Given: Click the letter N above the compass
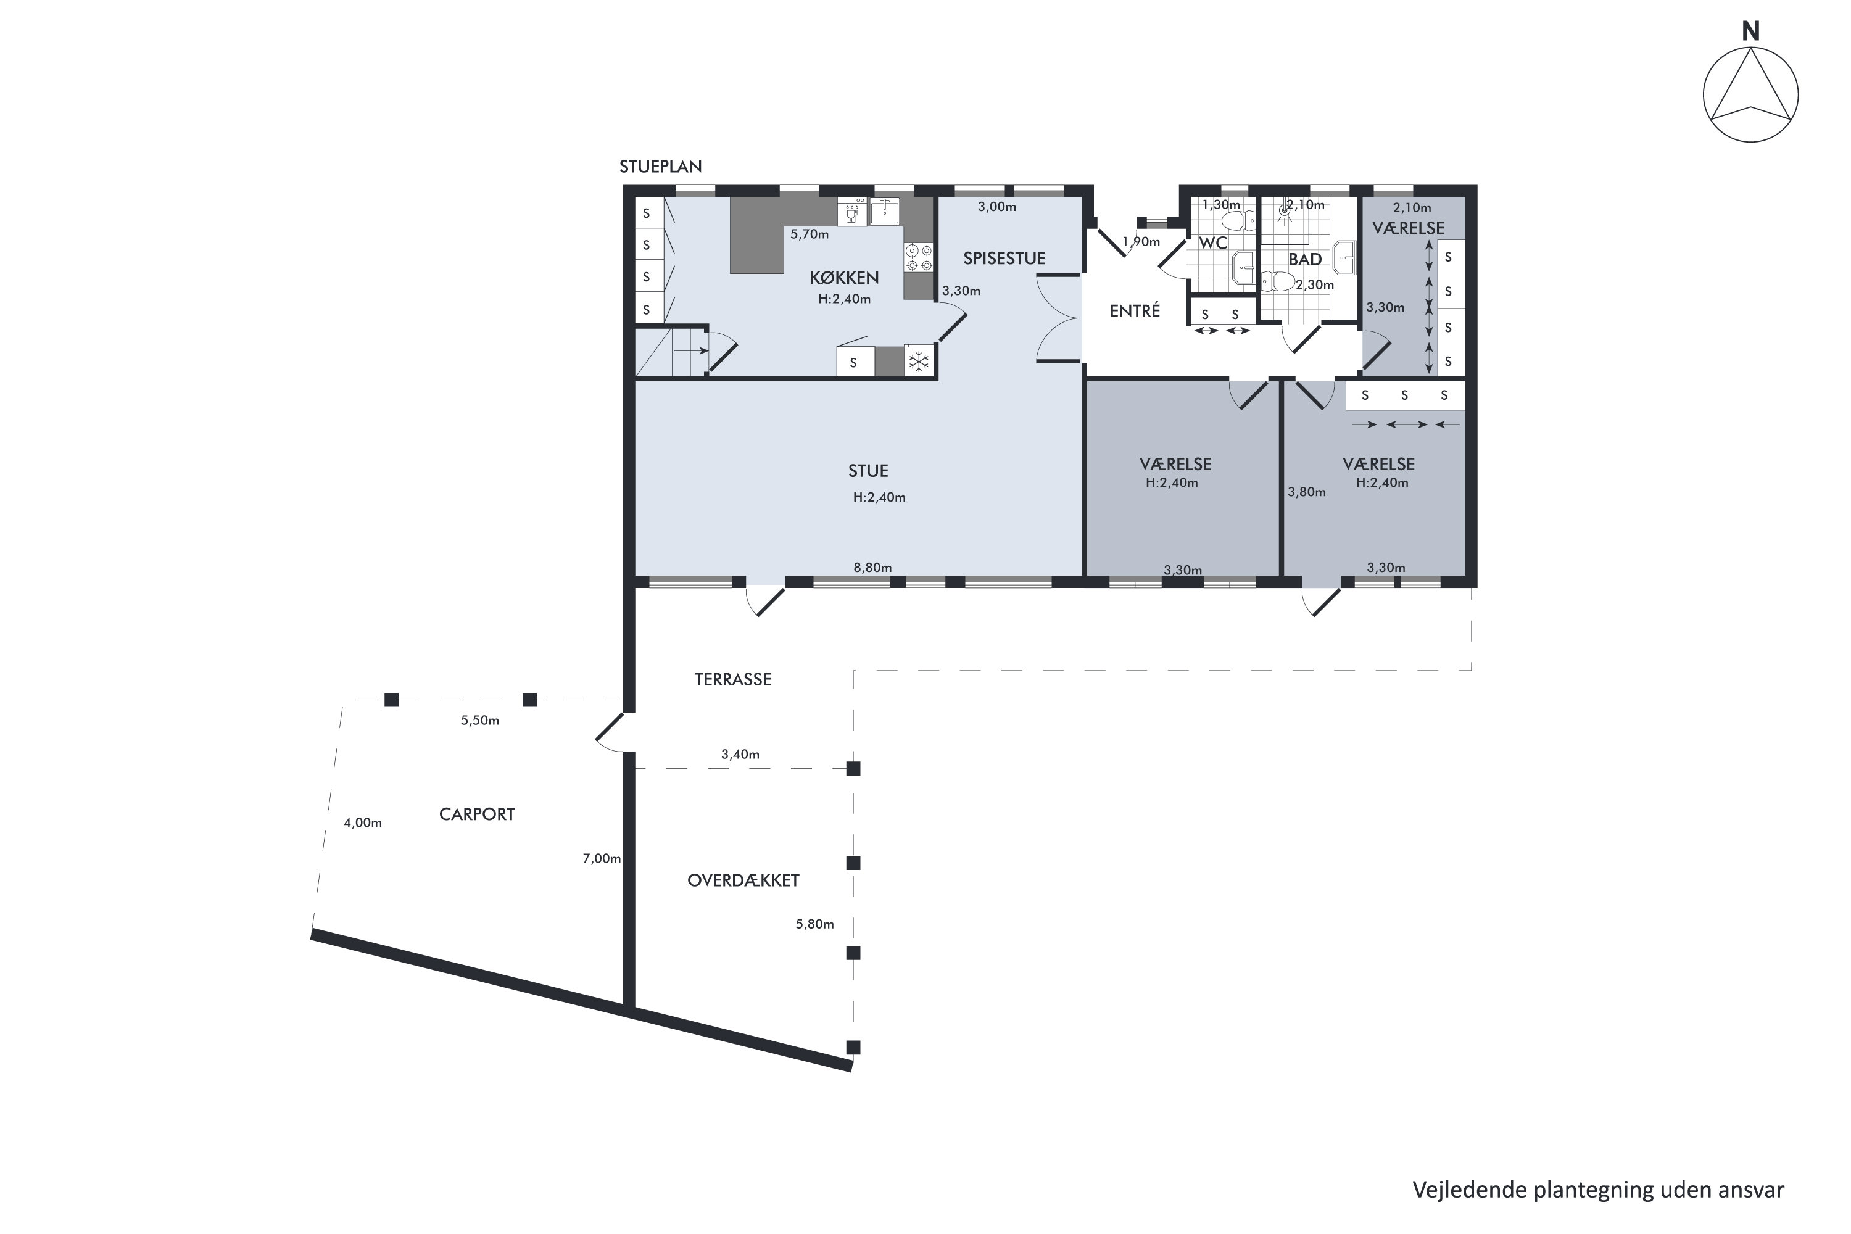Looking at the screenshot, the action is pyautogui.click(x=1750, y=31).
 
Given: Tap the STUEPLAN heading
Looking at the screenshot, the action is pyautogui.click(x=660, y=167).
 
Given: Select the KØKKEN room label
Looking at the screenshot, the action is pyautogui.click(x=845, y=278).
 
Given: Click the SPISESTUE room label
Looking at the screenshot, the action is pyautogui.click(x=1004, y=258).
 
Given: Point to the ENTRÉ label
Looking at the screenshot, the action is pyautogui.click(x=1135, y=311).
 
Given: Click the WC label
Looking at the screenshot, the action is pyautogui.click(x=1213, y=243).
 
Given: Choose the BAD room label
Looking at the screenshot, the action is pyautogui.click(x=1305, y=260).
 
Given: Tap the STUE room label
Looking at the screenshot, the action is pyautogui.click(x=868, y=471).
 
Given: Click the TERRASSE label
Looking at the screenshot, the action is pyautogui.click(x=733, y=679).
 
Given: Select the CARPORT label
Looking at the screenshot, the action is pyautogui.click(x=477, y=814).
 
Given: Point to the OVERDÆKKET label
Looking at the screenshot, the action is pyautogui.click(x=743, y=880).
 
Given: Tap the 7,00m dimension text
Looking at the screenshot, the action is pyautogui.click(x=601, y=859).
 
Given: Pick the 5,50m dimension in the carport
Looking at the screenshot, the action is pyautogui.click(x=480, y=720).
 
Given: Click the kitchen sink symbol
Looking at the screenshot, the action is pyautogui.click(x=885, y=211).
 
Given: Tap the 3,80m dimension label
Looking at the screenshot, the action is pyautogui.click(x=1306, y=492).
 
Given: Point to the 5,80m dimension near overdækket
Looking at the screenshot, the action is pyautogui.click(x=814, y=924).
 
